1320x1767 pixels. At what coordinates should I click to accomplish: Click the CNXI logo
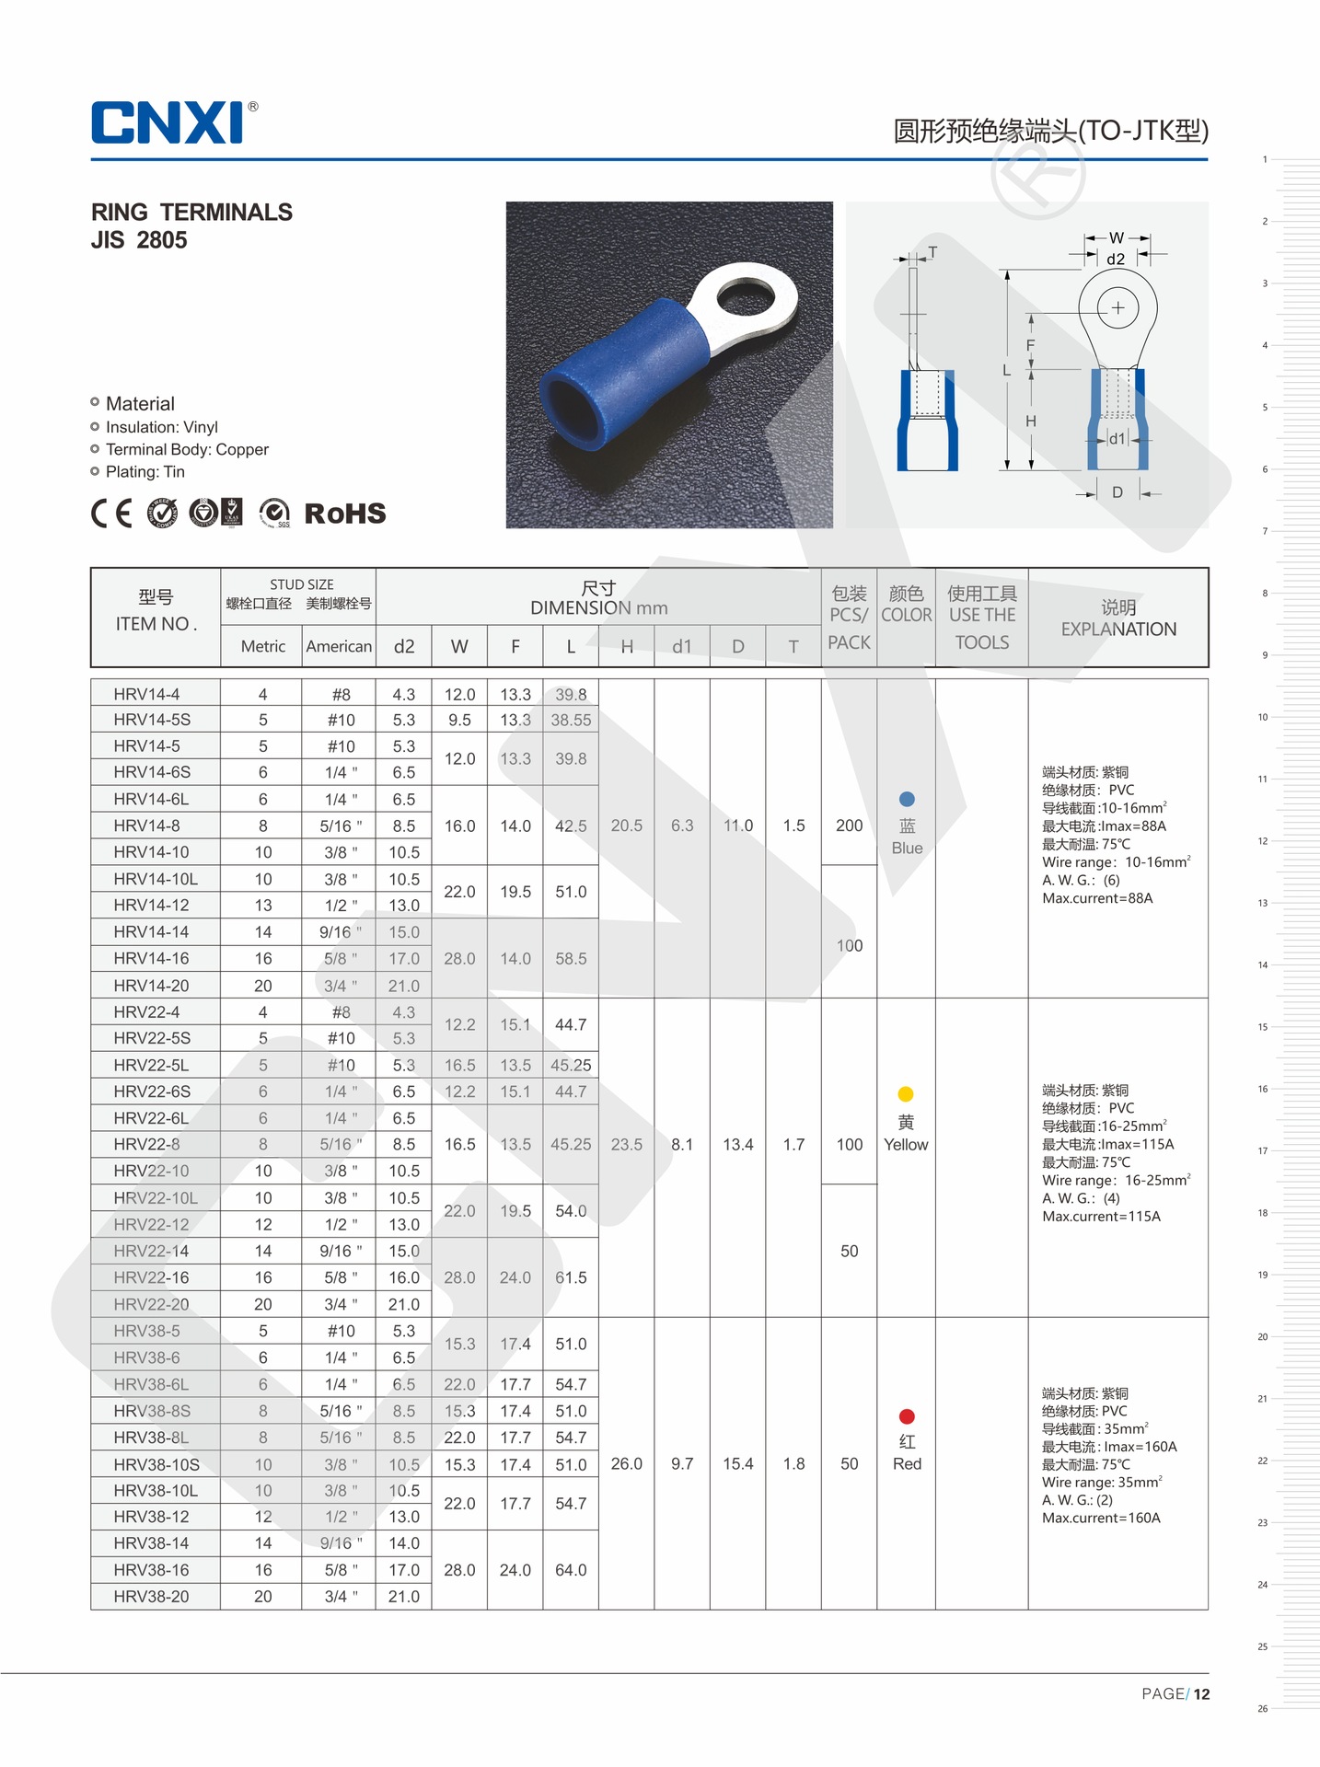168,122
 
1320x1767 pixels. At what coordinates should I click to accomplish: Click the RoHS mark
344,514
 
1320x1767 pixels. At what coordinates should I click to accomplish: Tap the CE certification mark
111,513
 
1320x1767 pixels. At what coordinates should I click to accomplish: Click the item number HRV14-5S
152,720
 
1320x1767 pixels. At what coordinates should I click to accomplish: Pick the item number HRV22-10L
156,1197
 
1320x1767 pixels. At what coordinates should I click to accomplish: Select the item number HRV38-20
152,1597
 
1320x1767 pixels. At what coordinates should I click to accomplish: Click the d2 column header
403,646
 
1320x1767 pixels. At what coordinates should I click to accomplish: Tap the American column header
339,646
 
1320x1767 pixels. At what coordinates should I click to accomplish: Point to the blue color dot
907,799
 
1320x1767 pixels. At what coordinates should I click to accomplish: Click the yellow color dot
906,1094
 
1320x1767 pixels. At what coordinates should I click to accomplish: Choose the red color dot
907,1416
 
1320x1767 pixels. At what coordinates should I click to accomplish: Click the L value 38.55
571,720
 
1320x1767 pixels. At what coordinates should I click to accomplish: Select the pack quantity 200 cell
849,826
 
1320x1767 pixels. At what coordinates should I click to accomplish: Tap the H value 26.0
627,1463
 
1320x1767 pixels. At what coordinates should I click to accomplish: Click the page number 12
1201,1694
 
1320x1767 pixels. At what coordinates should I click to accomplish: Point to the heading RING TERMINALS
191,213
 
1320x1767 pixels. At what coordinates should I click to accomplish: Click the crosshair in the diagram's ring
1117,307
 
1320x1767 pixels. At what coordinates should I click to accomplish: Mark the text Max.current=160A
1101,1518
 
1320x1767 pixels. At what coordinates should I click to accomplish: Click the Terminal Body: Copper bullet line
187,449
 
